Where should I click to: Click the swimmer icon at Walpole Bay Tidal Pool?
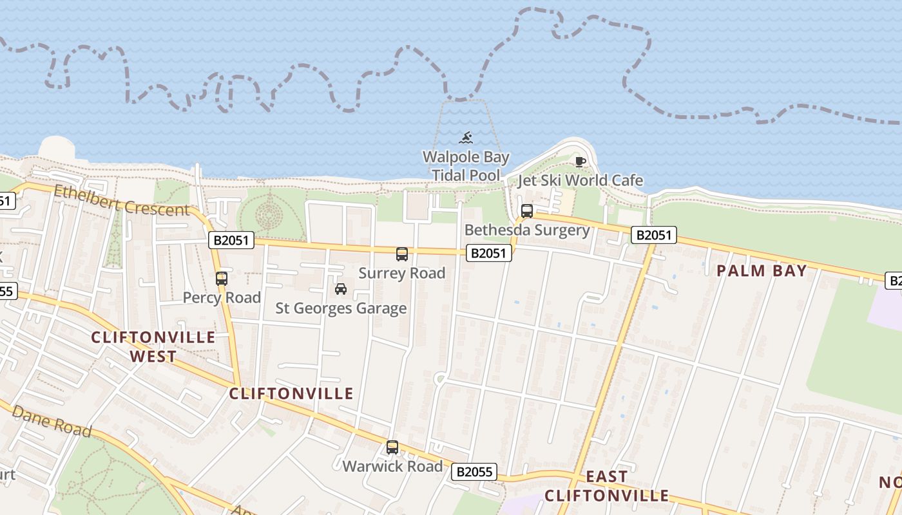[x=466, y=138]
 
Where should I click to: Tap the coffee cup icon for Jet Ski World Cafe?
[x=580, y=162]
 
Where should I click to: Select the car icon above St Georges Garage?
[x=341, y=289]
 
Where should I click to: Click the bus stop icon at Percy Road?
[x=222, y=279]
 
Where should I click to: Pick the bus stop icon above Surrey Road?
[x=402, y=254]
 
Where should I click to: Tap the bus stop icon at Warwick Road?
[x=392, y=447]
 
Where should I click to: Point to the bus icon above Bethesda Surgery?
[x=527, y=211]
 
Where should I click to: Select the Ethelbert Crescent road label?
[x=122, y=200]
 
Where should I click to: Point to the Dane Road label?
[x=52, y=422]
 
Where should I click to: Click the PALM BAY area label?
[x=762, y=271]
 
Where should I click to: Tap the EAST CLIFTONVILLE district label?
[x=606, y=486]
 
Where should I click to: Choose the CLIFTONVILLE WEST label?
[x=153, y=346]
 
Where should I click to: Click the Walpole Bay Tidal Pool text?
[x=466, y=166]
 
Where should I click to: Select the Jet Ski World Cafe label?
[x=581, y=180]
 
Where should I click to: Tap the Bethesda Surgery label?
[x=527, y=230]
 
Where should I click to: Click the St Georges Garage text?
[x=341, y=308]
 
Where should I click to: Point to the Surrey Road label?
[x=402, y=273]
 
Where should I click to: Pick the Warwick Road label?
[x=392, y=466]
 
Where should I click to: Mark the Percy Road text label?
[x=222, y=297]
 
